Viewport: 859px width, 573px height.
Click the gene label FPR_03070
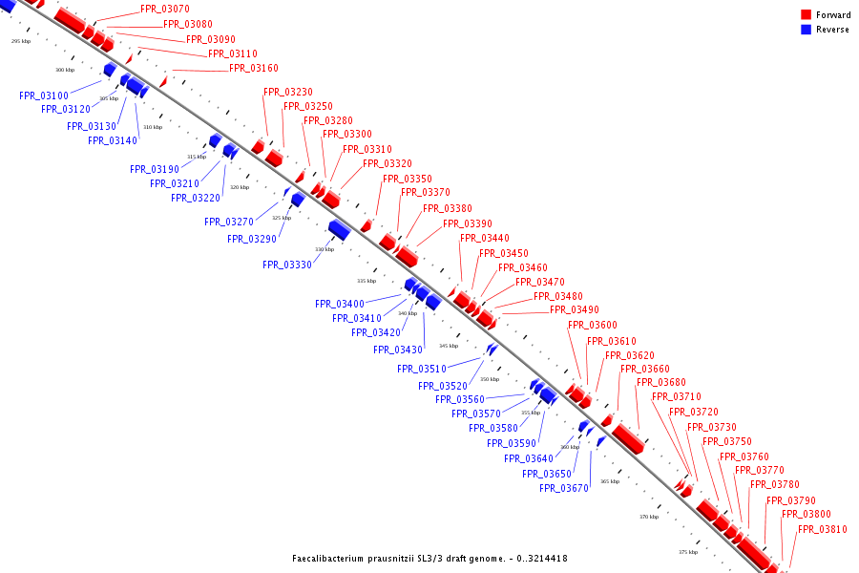(x=164, y=9)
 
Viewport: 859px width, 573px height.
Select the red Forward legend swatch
(x=807, y=14)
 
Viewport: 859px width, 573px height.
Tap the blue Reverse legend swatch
(x=807, y=30)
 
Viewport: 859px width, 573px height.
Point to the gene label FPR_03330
(x=287, y=265)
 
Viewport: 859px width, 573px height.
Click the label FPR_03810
(x=823, y=529)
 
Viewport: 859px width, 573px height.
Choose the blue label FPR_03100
(x=44, y=95)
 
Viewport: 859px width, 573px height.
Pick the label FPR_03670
(x=564, y=489)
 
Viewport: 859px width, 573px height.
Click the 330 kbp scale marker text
(x=325, y=249)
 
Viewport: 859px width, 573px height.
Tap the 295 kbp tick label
(x=22, y=41)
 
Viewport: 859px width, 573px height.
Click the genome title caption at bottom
(x=429, y=558)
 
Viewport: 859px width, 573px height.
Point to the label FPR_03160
(x=254, y=69)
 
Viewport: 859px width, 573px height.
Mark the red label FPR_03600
(x=593, y=326)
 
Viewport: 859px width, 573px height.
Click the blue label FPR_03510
(x=422, y=369)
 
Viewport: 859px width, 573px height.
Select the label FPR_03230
(x=288, y=92)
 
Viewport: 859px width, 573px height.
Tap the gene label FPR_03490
(x=575, y=309)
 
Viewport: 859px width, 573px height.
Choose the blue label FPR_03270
(x=229, y=222)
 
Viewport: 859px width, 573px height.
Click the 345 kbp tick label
(x=449, y=346)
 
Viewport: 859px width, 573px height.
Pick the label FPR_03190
(x=155, y=169)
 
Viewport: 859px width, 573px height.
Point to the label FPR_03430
(x=398, y=350)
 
